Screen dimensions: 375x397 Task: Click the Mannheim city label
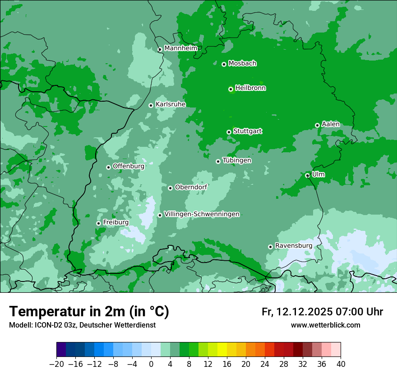180,48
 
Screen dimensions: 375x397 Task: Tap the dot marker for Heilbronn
231,89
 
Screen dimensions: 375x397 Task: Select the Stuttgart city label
247,131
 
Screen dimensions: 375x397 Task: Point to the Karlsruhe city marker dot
151,105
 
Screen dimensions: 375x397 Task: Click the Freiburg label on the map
115,222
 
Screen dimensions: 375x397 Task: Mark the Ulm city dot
307,175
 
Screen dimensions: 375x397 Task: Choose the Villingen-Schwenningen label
202,214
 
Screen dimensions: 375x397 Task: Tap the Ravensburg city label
293,246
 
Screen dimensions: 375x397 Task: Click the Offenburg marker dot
108,167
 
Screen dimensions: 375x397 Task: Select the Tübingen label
237,160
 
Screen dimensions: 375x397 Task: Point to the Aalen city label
331,124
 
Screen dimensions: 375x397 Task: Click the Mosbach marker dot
224,64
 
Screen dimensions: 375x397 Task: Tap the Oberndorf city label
191,187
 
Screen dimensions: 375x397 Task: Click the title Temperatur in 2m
89,311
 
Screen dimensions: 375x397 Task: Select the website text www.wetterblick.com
325,325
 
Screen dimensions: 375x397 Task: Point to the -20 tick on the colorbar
57,364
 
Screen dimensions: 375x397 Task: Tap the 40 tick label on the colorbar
341,364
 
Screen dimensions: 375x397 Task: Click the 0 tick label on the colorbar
151,364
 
